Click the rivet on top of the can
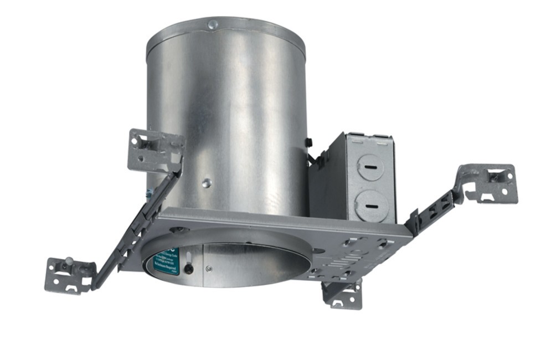(212, 24)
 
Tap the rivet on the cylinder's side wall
(206, 183)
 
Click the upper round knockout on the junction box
(370, 166)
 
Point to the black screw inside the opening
(189, 269)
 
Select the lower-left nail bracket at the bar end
(68, 274)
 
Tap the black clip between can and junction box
(309, 143)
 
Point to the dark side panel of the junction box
(327, 183)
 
